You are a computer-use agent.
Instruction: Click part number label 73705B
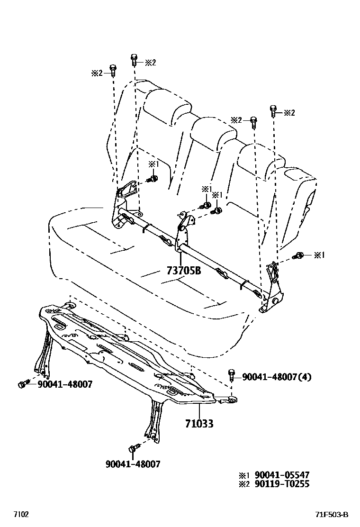click(x=184, y=270)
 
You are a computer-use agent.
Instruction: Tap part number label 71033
click(x=199, y=423)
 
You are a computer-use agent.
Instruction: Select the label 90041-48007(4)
click(x=277, y=377)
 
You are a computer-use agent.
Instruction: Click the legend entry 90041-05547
click(x=282, y=475)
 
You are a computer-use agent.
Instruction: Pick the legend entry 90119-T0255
click(x=282, y=484)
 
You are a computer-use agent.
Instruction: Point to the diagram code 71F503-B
click(x=332, y=515)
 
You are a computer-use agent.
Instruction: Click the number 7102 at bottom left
click(x=21, y=514)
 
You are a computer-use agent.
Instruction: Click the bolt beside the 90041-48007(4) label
click(x=231, y=375)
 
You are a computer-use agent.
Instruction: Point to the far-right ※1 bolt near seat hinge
click(x=298, y=256)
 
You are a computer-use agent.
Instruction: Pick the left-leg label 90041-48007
click(x=65, y=384)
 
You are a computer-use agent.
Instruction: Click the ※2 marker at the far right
click(x=289, y=113)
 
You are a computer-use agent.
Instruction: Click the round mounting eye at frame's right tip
click(x=233, y=399)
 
